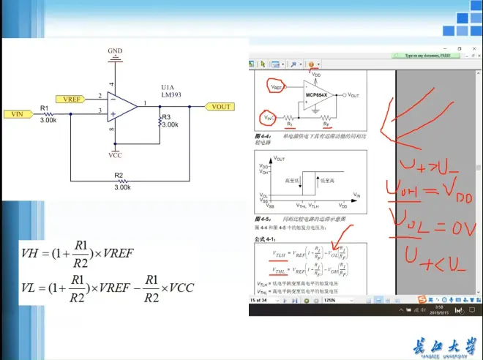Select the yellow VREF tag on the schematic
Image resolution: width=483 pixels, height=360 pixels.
[70, 98]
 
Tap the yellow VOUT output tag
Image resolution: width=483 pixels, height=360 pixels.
[220, 107]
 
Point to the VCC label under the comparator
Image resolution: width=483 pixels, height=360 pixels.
[115, 155]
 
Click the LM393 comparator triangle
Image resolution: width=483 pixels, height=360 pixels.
[121, 105]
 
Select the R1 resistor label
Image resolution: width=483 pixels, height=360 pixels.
[45, 108]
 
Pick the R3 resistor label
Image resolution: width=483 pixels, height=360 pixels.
[166, 116]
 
